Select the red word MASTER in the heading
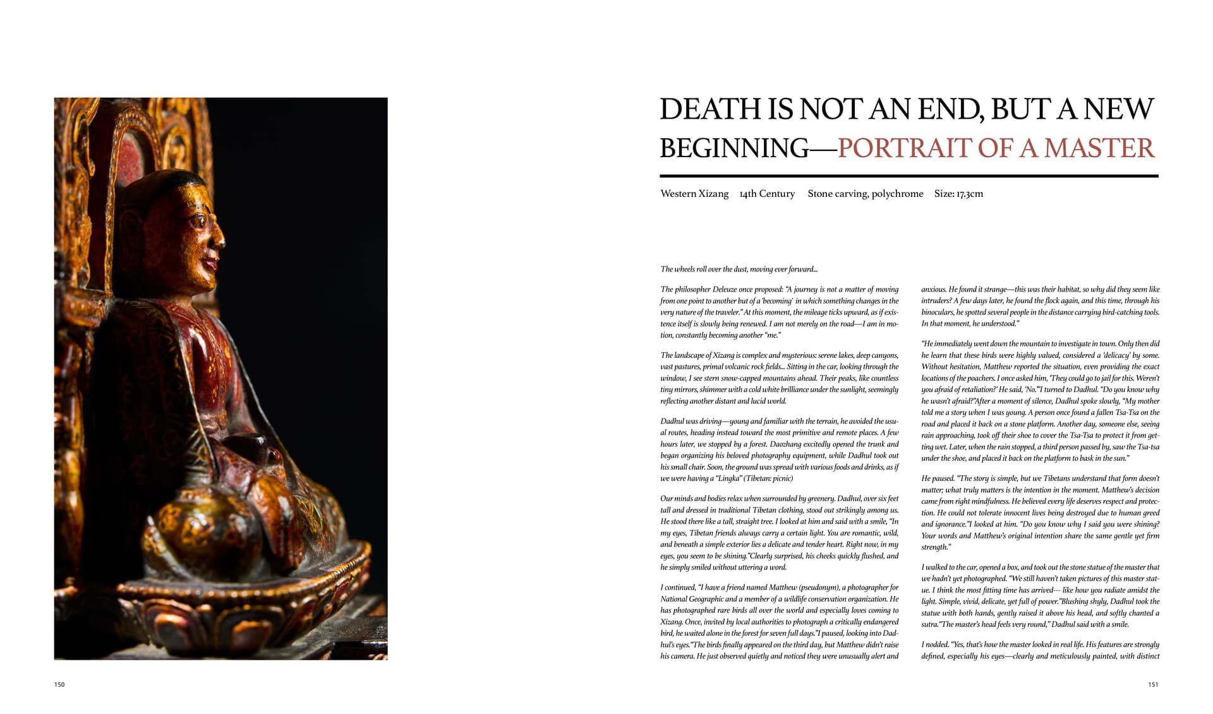point(1099,148)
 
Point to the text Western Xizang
point(694,194)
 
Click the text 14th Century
point(767,194)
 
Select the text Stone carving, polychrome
point(865,194)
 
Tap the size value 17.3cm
point(970,194)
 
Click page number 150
point(59,684)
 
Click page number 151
point(1153,684)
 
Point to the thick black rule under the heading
point(908,176)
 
